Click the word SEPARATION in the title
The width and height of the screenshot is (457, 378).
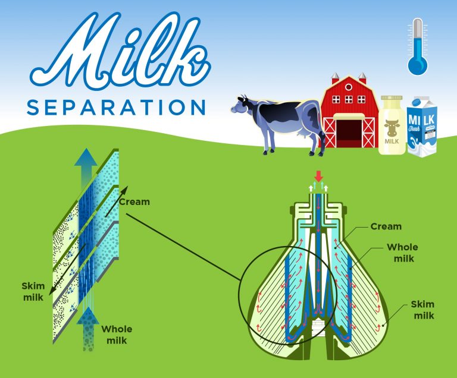tap(116, 107)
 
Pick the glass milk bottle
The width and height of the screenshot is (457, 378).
tap(392, 126)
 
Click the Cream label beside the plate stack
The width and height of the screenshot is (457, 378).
tap(134, 201)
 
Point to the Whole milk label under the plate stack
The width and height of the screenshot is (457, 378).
tap(117, 335)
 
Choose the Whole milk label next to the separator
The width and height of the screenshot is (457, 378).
tap(402, 252)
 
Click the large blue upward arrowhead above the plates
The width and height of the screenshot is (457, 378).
tap(87, 158)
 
